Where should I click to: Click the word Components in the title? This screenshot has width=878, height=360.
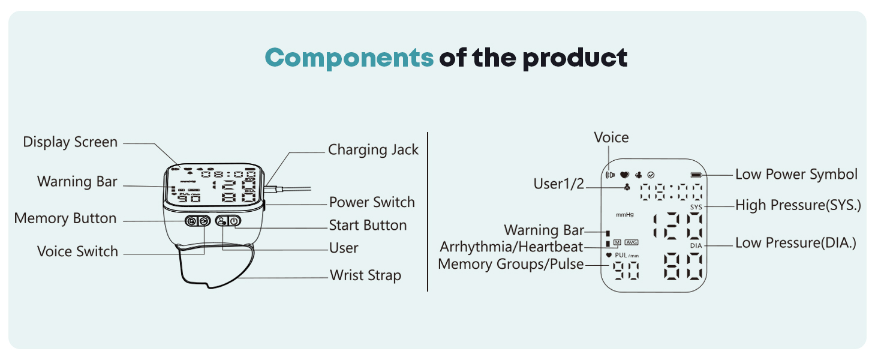click(349, 58)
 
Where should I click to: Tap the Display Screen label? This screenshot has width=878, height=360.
click(70, 142)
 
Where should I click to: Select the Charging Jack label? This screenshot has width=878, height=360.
click(373, 149)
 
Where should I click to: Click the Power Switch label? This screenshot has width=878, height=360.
click(372, 202)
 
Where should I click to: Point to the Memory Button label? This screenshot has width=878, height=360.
click(65, 218)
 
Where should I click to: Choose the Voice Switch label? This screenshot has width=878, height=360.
click(77, 251)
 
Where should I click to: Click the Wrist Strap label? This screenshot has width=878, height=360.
click(365, 275)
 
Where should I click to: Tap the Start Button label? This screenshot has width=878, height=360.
click(368, 226)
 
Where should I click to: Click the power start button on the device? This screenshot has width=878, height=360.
click(234, 221)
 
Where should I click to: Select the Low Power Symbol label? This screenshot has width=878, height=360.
click(796, 175)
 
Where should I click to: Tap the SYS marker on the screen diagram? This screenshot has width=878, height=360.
click(696, 206)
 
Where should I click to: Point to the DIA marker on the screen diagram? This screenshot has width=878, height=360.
click(696, 245)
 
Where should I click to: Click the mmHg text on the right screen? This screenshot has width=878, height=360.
click(625, 214)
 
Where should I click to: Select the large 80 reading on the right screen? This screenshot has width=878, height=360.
click(683, 267)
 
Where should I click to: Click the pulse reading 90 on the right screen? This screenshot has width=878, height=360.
click(626, 272)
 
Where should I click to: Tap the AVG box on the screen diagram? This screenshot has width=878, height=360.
click(632, 242)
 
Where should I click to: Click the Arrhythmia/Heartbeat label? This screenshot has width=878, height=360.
click(511, 247)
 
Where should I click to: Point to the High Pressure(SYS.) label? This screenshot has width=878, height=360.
click(798, 205)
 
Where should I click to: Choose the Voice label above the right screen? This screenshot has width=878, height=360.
click(611, 137)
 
